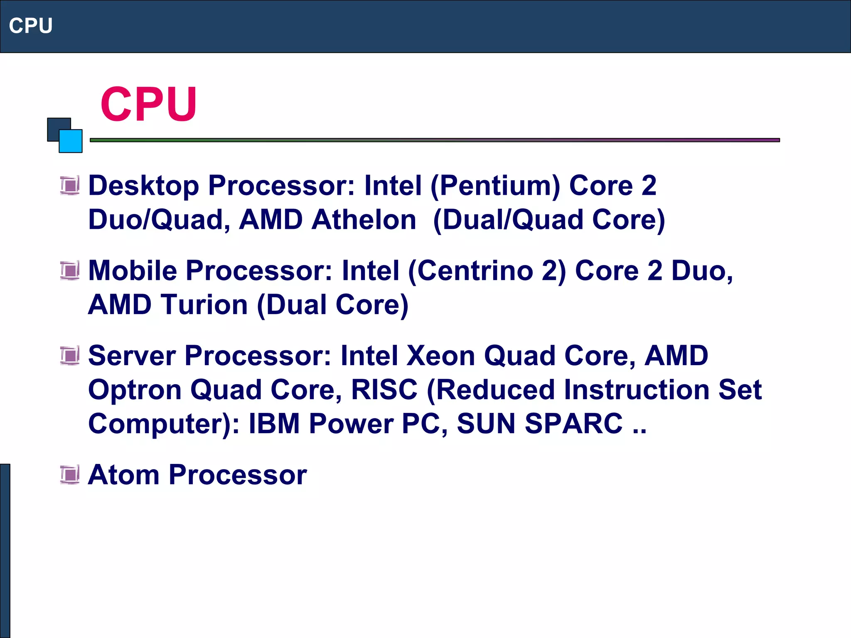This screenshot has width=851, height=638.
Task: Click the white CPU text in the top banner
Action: (x=31, y=26)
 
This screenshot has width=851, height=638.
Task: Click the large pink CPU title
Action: (x=148, y=104)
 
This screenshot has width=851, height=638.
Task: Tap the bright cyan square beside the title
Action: (x=71, y=141)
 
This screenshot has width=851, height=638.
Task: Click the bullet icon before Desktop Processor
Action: (x=70, y=185)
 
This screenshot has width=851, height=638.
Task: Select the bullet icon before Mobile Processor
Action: (x=70, y=271)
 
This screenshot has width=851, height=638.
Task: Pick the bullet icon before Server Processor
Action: (x=70, y=356)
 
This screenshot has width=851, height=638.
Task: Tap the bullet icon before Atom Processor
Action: (x=70, y=475)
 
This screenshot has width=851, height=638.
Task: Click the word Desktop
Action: (x=144, y=186)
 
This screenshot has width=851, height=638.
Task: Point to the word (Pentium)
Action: (x=495, y=186)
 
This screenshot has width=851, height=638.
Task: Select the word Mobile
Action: (x=133, y=271)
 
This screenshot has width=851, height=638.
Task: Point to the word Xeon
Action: (x=440, y=356)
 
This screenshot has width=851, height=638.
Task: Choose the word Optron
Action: (x=135, y=390)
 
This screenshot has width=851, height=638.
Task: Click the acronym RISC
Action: (x=384, y=390)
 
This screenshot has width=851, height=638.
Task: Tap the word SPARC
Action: (x=573, y=424)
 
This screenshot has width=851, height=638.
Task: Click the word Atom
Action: (x=123, y=475)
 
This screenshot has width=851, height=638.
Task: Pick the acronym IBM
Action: (x=274, y=424)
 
